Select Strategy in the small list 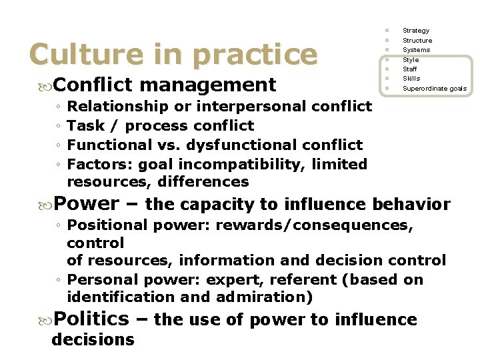[416, 31]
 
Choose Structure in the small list [417, 41]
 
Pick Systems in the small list [416, 50]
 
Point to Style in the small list [411, 60]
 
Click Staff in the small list [410, 69]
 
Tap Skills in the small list [411, 79]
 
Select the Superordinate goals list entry [435, 89]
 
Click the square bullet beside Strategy [386, 31]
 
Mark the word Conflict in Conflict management [94, 85]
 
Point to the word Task [85, 125]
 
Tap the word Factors [97, 164]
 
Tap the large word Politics [91, 319]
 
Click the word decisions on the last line [93, 339]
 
